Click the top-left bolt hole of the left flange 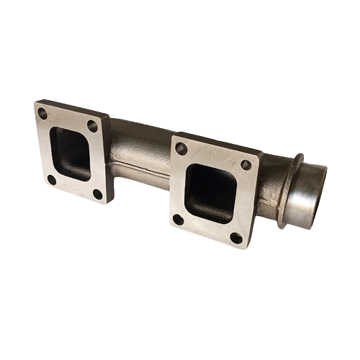coord(42,114)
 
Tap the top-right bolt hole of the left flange coord(92,125)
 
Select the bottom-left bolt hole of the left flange coord(51,179)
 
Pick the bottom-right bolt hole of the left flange coord(98,193)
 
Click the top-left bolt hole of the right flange coord(181,148)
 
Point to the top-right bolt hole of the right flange coord(246,165)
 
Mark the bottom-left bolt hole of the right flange coord(178,219)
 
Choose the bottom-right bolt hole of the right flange coord(235,237)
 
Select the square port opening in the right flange coord(211,192)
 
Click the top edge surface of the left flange coord(72,108)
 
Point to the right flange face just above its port coord(213,158)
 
